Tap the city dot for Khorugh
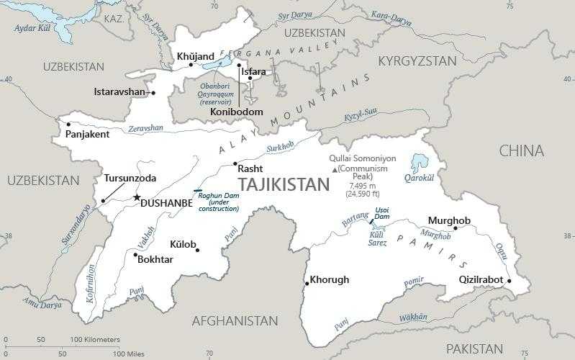tap(307, 283)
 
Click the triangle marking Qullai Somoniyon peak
tap(334, 169)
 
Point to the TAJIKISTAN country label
tap(283, 184)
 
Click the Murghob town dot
tap(455, 228)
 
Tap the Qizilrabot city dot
tap(509, 281)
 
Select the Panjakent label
tap(87, 134)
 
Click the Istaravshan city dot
tap(153, 92)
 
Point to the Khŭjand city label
tap(195, 55)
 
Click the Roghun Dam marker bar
tap(198, 191)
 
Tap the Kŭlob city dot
tap(197, 250)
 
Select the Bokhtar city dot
tap(135, 253)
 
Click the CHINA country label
tap(522, 150)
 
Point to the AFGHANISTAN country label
tap(235, 320)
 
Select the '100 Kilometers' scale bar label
tap(95, 339)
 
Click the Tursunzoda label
tap(130, 178)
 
